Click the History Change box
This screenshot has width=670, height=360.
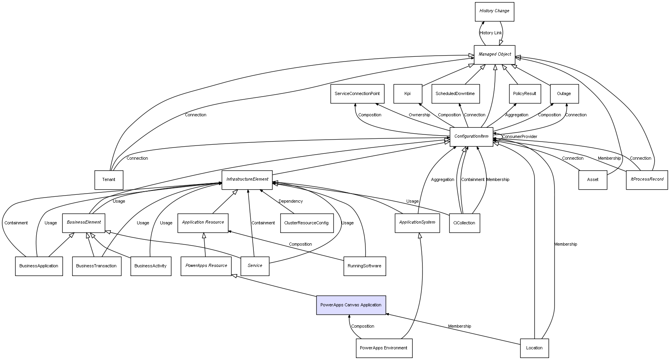point(494,11)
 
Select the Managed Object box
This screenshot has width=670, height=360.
point(494,54)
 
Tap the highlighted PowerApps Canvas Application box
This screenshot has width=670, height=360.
point(351,305)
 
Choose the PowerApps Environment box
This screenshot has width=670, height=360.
point(384,348)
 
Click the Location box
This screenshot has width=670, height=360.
point(534,348)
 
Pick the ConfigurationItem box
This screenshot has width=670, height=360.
point(471,136)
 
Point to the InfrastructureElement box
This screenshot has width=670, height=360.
point(247,180)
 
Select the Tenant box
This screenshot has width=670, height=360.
point(109,180)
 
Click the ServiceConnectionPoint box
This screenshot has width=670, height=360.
point(357,94)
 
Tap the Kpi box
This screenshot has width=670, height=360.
point(408,94)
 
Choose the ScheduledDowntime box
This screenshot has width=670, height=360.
point(455,94)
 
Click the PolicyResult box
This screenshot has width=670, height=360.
point(525,94)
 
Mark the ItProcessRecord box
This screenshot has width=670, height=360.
point(647,180)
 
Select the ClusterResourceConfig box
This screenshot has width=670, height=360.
point(306,223)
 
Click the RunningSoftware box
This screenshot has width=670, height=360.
point(365,266)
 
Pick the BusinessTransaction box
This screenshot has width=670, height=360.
point(97,266)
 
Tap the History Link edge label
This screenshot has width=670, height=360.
point(491,33)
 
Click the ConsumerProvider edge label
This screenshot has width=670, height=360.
point(519,137)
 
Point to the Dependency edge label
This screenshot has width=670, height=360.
point(290,201)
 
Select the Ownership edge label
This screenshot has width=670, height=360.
point(419,115)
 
